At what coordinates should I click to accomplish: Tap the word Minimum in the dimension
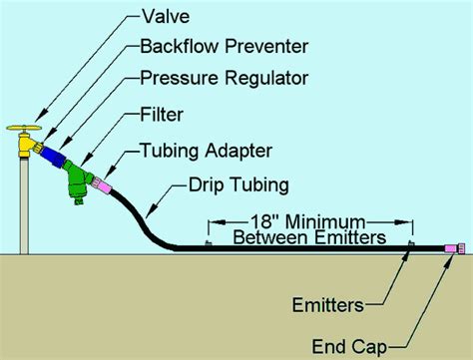click(x=327, y=221)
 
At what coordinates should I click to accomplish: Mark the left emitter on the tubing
click(x=208, y=245)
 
